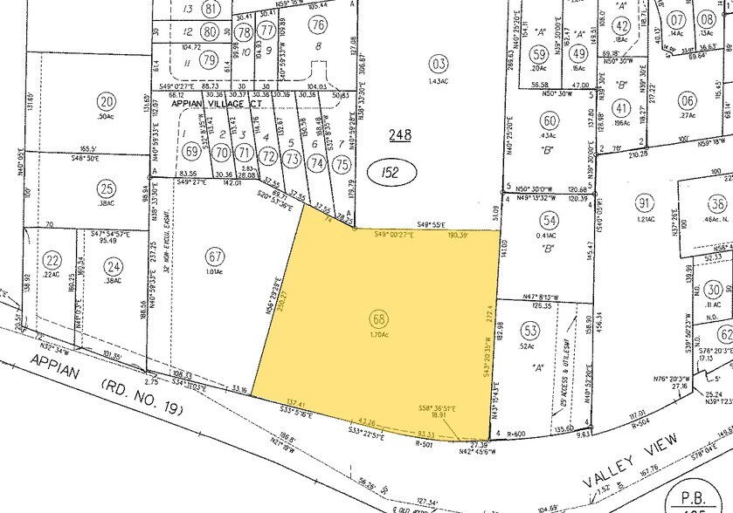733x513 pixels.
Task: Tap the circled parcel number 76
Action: point(318,24)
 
